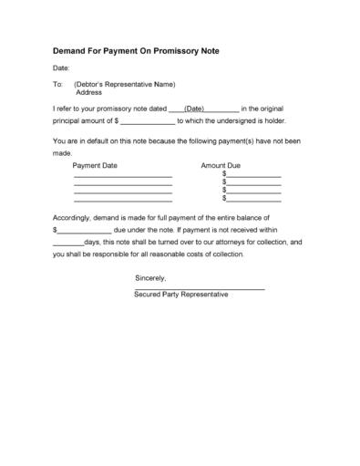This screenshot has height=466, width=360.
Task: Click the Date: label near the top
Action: coord(61,68)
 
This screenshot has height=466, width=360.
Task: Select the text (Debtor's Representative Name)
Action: coord(124,85)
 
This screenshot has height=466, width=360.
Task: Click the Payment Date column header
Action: coord(97,166)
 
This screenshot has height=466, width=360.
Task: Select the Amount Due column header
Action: coord(220,166)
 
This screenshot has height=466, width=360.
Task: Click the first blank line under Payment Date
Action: coord(123,176)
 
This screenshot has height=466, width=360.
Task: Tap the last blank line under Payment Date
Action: coord(123,200)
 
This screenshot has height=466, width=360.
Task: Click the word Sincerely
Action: coord(151,276)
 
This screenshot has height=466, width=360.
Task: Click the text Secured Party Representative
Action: coord(180,295)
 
